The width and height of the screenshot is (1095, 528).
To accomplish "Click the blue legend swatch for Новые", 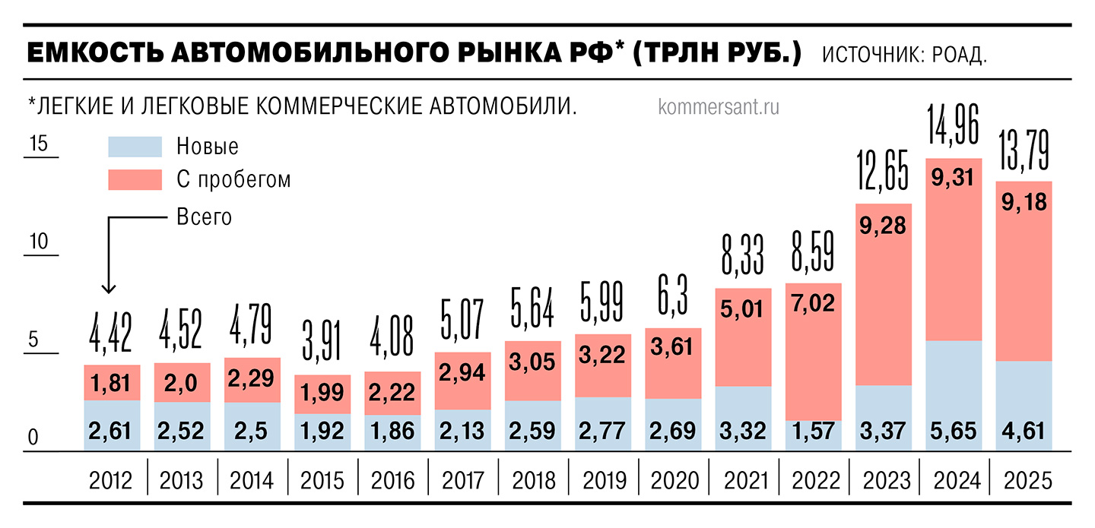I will [x=135, y=146].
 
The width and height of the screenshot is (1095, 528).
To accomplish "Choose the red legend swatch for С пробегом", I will [x=135, y=179].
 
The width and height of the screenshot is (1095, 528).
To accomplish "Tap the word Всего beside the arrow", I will [x=204, y=217].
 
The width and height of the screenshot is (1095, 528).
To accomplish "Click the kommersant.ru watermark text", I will [x=719, y=107].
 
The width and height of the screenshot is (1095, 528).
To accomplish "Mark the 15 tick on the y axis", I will [x=38, y=144].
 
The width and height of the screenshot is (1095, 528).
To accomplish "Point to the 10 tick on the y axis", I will [x=38, y=242].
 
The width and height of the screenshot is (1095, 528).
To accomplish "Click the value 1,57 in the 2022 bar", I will [x=813, y=432].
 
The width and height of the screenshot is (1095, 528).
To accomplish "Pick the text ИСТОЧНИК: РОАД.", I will [x=904, y=56].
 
